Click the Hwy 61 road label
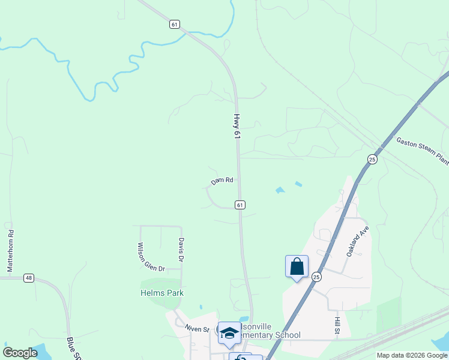237,127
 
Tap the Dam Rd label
221,181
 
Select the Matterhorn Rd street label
10,251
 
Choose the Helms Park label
162,293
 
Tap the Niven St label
197,329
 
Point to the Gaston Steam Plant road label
422,150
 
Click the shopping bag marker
297,266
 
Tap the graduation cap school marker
229,333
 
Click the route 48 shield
29,278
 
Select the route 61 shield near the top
174,24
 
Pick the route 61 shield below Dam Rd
240,205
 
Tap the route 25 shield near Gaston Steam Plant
372,159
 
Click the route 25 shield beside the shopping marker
316,277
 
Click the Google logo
20,353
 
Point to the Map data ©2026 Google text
411,355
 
